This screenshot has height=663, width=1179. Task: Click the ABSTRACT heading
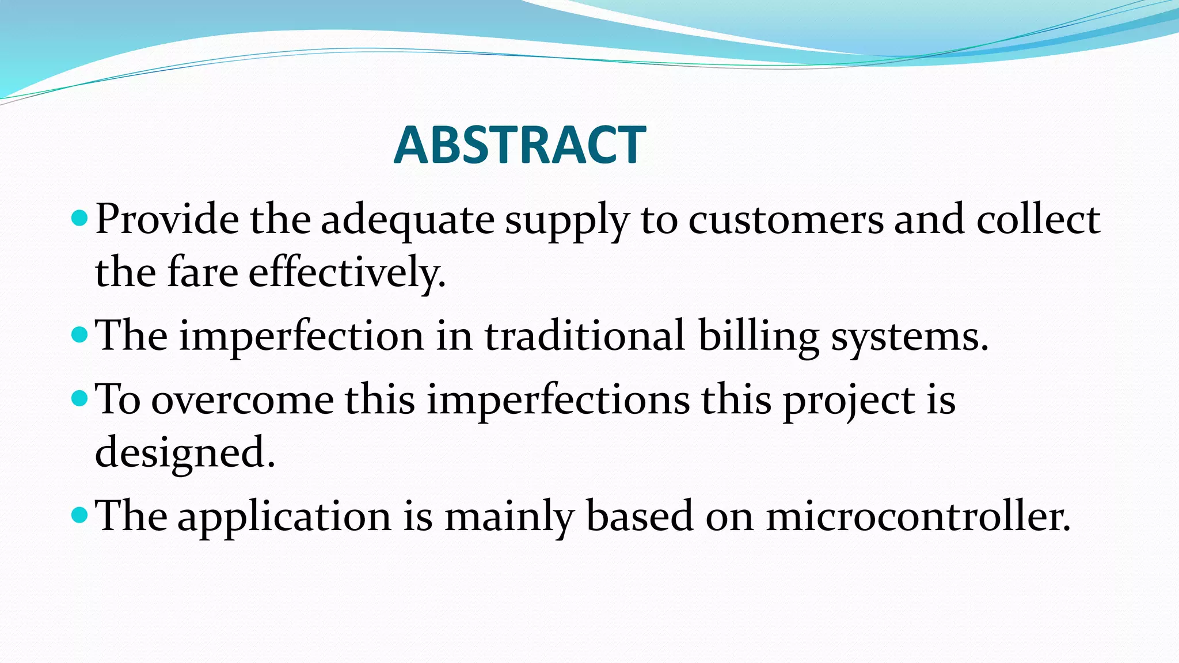tap(520, 145)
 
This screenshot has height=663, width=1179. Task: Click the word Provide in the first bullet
tap(167, 220)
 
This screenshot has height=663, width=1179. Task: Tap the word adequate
tap(407, 221)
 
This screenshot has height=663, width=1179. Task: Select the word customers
tap(785, 220)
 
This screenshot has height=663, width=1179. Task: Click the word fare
tap(202, 272)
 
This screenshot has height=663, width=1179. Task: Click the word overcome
tap(242, 400)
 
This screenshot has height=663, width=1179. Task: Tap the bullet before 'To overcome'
tap(79, 398)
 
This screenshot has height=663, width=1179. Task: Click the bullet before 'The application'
tap(79, 515)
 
